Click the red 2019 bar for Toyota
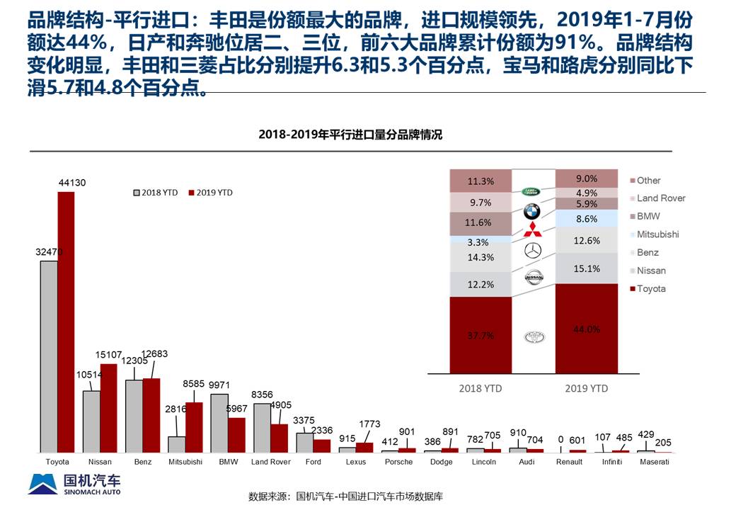[x=66, y=322]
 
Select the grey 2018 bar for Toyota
[x=49, y=356]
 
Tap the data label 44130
[x=71, y=183]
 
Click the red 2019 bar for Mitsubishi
[x=194, y=427]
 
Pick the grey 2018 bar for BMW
[x=219, y=423]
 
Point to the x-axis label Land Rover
[x=271, y=462]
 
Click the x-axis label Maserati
[x=654, y=462]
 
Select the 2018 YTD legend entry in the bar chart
[x=157, y=193]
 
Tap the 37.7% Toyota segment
[x=481, y=335]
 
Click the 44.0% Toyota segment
[x=587, y=329]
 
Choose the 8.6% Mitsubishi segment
[x=587, y=219]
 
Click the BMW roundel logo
[x=532, y=211]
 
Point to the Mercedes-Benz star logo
[x=533, y=250]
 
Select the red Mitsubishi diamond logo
[x=532, y=230]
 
